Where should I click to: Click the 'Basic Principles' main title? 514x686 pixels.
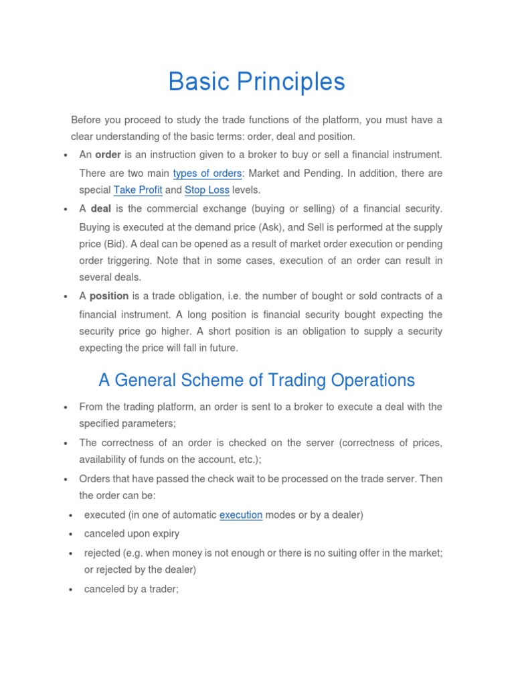click(x=256, y=82)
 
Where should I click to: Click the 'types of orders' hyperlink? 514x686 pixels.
click(x=207, y=174)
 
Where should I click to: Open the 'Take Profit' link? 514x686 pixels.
click(x=138, y=190)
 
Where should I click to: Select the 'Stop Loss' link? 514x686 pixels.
click(x=207, y=190)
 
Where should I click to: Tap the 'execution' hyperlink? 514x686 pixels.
click(x=241, y=515)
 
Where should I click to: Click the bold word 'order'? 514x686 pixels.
click(x=108, y=155)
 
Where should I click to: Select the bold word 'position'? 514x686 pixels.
click(x=109, y=296)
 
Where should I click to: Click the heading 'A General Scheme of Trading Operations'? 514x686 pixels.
click(x=256, y=380)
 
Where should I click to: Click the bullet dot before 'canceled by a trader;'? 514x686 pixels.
click(x=71, y=590)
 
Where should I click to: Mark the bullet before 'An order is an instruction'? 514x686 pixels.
click(x=65, y=156)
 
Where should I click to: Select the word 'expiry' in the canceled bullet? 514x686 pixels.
click(x=165, y=534)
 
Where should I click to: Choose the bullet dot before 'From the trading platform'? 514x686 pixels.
click(x=65, y=408)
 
